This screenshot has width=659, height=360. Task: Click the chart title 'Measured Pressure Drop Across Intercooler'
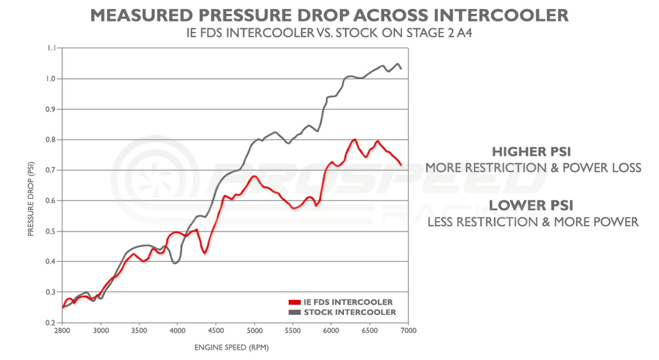tap(329, 15)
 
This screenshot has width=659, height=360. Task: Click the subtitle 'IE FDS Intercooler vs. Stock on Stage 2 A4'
tap(329, 33)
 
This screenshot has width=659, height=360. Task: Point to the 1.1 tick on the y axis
tap(51, 48)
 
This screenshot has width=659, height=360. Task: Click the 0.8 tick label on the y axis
tap(51, 140)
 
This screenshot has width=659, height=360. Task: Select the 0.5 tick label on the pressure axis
tap(51, 231)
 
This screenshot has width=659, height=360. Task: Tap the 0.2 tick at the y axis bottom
tap(51, 323)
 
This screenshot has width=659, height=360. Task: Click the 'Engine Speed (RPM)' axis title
tap(235, 348)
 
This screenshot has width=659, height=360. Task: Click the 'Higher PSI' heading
tap(533, 151)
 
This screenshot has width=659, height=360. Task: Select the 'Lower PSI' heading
tap(533, 205)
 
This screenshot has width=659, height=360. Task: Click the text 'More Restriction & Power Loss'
tap(533, 168)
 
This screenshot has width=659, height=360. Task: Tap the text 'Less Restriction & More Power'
tap(533, 222)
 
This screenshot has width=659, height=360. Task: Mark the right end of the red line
tap(401, 164)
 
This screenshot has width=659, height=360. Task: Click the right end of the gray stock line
tap(401, 68)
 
